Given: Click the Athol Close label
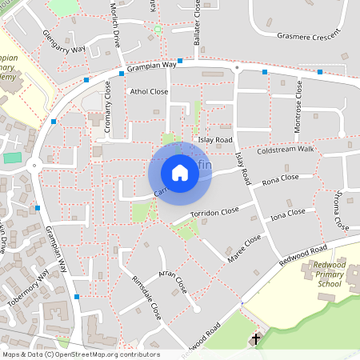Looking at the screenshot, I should click(149, 92).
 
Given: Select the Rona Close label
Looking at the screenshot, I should click(280, 178).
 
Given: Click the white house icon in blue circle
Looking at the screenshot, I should click(180, 172).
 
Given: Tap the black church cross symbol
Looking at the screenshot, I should click(256, 339).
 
